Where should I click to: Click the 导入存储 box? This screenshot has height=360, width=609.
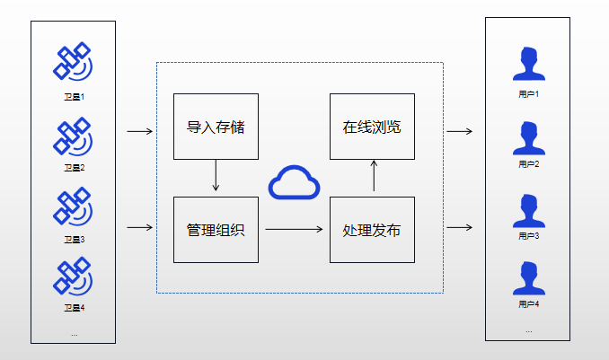[x=216, y=126]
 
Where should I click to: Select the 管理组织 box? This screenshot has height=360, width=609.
[x=216, y=229]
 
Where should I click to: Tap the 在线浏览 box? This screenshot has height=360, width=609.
[x=372, y=126]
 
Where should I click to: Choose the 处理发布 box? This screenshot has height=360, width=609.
[x=372, y=229]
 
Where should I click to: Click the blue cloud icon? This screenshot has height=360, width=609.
[x=294, y=182]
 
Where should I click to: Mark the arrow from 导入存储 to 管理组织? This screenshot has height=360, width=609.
[x=216, y=175]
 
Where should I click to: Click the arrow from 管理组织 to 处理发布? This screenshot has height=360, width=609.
[x=294, y=229]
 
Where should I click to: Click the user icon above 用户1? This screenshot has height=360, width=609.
[x=528, y=64]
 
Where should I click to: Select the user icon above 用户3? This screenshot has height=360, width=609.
[x=528, y=208]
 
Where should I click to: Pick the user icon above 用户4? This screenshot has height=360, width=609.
[x=528, y=277]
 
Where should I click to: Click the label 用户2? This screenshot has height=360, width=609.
[x=528, y=165]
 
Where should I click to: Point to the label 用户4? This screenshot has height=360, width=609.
[x=528, y=305]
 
